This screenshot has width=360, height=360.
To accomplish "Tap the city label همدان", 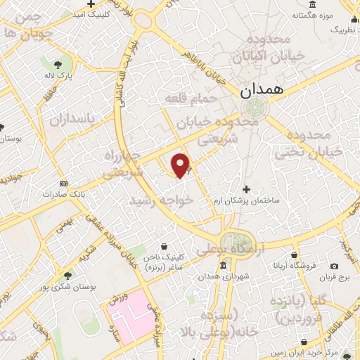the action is pyautogui.click(x=260, y=90).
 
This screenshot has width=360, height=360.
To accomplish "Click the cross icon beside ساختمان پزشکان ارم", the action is pyautogui.click(x=245, y=189).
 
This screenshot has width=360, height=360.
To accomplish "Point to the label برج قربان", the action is pyautogui.click(x=333, y=278).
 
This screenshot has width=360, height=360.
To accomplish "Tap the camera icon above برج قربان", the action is pyautogui.click(x=333, y=266).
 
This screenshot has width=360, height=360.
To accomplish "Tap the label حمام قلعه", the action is pyautogui.click(x=189, y=100).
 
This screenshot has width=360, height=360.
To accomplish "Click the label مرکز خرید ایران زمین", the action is pyautogui.click(x=329, y=351).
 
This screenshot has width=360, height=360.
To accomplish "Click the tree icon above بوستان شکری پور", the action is pyautogui.click(x=67, y=275).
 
